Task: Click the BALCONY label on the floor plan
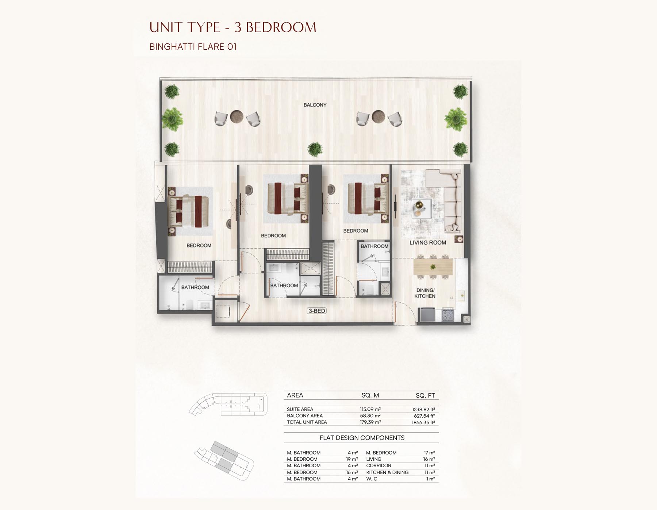coord(315,105)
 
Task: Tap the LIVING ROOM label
coord(428,242)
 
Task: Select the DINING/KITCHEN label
coord(425,293)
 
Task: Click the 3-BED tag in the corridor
coord(317,311)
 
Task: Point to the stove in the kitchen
coord(447,315)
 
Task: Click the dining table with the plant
coord(433,267)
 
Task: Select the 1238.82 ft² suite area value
coord(423,410)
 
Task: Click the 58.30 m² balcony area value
coord(370,416)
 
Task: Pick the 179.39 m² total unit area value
coord(370,422)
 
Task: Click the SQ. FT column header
coord(425,395)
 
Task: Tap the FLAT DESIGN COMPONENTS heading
coord(362,438)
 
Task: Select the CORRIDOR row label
coord(379,465)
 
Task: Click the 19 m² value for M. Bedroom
coord(352,459)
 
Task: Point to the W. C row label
coord(372,479)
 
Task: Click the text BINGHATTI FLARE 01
coord(193,47)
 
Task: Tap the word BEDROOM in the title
coord(284,27)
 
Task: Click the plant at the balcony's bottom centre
coord(315,149)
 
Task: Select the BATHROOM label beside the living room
coord(374,246)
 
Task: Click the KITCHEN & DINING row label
coord(387,472)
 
